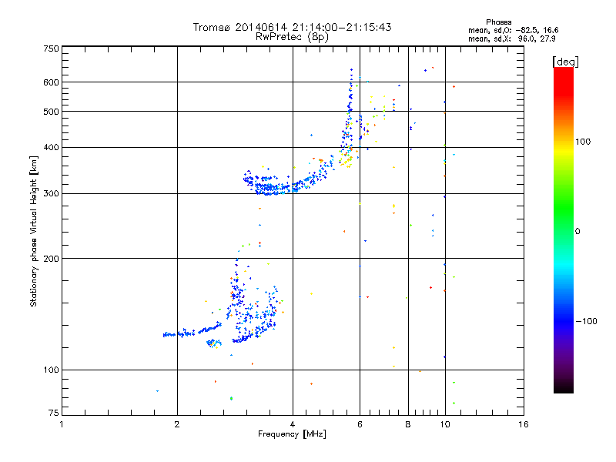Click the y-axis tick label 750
coord(51,49)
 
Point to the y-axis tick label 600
coord(51,82)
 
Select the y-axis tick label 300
coord(51,193)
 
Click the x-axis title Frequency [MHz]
coord(292,434)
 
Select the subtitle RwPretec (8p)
coord(292,35)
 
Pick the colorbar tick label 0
coord(578,231)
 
